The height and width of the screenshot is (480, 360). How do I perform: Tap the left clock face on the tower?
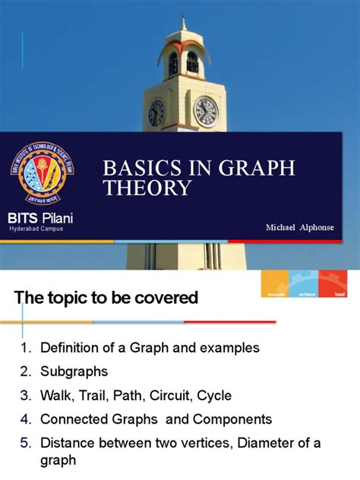coord(156,112)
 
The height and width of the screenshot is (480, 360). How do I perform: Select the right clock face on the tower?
coord(206,111)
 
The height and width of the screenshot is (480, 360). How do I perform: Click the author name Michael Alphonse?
coord(300,228)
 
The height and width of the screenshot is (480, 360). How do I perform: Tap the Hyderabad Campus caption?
coord(36,228)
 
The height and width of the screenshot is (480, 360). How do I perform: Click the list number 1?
coord(25,348)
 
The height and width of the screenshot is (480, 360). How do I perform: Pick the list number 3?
coord(25,396)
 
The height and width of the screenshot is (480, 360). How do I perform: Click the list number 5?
coord(25,443)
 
